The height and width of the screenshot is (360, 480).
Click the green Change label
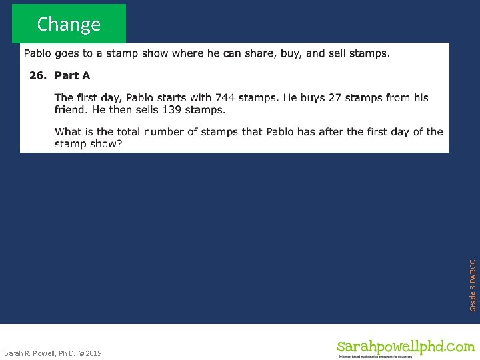69,24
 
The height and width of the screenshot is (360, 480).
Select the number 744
225,98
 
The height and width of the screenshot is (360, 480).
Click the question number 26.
37,75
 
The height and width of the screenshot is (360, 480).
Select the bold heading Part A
72,75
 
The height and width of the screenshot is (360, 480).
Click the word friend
71,109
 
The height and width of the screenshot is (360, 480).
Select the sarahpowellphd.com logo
405,347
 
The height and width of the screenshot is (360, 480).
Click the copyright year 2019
93,353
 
